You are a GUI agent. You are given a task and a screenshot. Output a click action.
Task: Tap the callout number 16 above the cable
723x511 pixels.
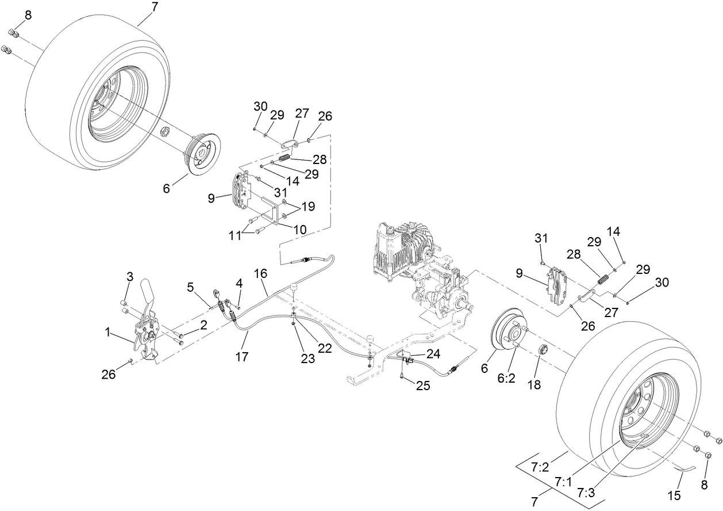click(x=261, y=274)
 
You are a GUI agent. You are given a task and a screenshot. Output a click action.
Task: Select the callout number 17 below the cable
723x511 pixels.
click(x=242, y=357)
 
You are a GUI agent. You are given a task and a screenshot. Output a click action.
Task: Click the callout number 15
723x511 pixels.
click(x=674, y=494)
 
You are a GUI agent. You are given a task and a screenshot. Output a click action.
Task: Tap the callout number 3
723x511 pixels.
click(x=130, y=277)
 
